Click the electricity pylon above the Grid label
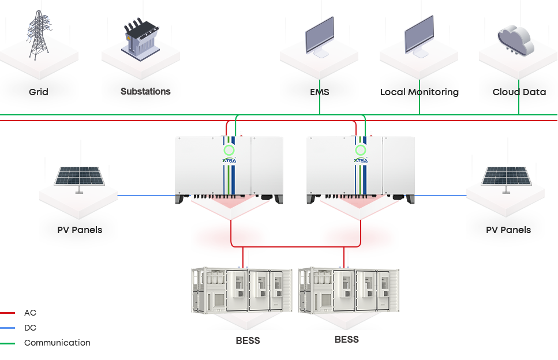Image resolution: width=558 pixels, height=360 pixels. tap(39, 35)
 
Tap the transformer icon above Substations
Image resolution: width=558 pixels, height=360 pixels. tap(141, 39)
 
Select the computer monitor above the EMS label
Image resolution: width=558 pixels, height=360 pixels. tap(320, 37)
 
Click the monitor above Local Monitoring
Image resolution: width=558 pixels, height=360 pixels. tap(420, 36)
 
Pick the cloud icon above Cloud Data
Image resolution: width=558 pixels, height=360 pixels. tap(516, 40)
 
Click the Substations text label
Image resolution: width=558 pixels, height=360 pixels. tap(145, 91)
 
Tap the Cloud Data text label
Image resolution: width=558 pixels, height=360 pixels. tap(519, 92)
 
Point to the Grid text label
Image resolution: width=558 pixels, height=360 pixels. tap(39, 92)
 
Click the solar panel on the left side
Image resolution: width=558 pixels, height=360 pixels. tap(80, 179)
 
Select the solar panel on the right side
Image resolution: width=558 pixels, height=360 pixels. tap(506, 179)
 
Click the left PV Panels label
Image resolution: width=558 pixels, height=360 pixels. tap(80, 230)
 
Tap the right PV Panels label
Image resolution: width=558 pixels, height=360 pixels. tap(508, 230)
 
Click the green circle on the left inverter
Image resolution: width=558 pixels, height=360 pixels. tap(229, 150)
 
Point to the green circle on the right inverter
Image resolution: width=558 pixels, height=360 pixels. tap(361, 150)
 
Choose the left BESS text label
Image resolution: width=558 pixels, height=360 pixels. tap(248, 341)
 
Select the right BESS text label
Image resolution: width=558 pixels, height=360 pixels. tap(347, 340)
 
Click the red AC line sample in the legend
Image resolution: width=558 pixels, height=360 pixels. tap(8, 313)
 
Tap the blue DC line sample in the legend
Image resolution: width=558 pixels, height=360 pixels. tap(8, 328)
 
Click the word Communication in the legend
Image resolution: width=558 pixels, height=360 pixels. tap(57, 343)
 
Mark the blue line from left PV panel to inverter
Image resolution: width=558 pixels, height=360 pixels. tap(147, 196)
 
